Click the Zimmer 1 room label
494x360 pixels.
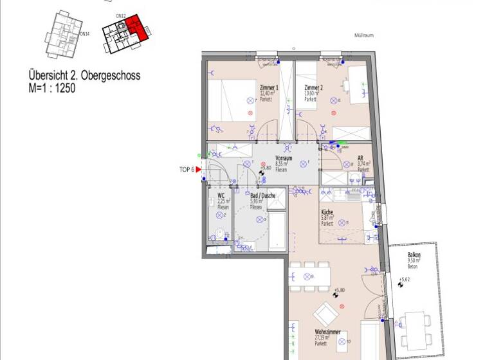pos(269,87)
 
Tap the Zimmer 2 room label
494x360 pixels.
pos(313,87)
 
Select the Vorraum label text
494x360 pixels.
pos(284,158)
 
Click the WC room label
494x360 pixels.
pos(221,195)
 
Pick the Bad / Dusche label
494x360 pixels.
pos(262,195)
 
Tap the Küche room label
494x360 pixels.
pos(327,212)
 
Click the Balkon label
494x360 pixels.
pos(414,255)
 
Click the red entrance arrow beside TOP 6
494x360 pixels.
pos(198,169)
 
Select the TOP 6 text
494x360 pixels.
pos(187,169)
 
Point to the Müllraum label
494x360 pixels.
pos(364,36)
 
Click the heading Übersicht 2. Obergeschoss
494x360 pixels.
pos(84,76)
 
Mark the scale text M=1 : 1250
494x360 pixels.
pos(52,88)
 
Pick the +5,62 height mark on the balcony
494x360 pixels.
pos(404,280)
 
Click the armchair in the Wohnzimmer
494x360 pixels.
pos(324,314)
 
